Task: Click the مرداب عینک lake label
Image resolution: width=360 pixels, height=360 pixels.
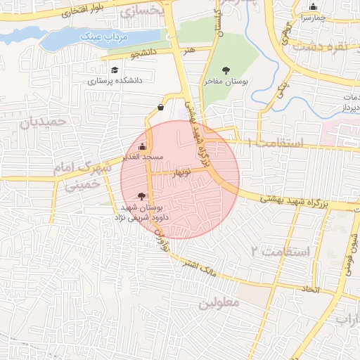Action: tap(98, 36)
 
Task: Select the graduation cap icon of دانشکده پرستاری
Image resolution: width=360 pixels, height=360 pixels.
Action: tap(115, 70)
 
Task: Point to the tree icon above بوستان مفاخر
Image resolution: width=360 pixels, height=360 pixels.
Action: tap(226, 70)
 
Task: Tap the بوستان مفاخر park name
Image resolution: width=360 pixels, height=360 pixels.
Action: tap(226, 82)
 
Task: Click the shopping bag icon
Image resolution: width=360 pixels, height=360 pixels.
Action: tap(162, 108)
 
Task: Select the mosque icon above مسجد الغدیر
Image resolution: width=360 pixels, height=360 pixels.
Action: tap(143, 147)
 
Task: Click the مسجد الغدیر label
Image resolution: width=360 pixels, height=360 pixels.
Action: tap(143, 157)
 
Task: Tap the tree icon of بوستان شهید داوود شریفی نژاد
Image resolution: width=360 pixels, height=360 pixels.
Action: tap(143, 196)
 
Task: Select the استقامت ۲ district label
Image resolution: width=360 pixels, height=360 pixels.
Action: tap(280, 250)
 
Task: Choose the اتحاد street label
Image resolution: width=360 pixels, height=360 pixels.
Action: tap(310, 289)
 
